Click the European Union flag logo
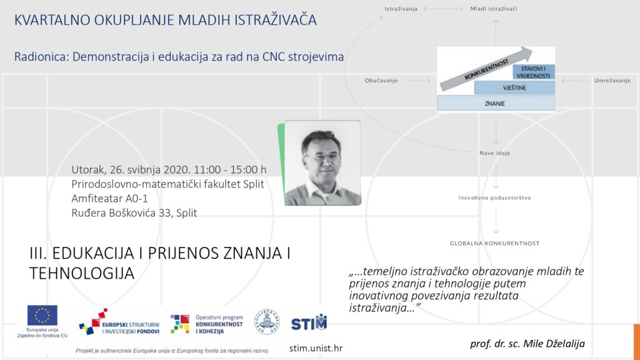[42, 316]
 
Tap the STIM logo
[309, 323]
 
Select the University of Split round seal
[267, 322]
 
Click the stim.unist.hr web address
[316, 348]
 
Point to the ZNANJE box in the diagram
[496, 103]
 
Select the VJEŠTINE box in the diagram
[514, 87]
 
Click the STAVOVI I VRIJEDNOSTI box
[534, 72]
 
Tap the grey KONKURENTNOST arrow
[486, 69]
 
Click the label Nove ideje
[495, 153]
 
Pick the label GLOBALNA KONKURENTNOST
[495, 243]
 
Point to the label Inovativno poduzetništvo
[495, 197]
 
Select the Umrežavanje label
[612, 81]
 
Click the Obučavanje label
[381, 81]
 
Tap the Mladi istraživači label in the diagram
[494, 9]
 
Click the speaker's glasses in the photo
[322, 156]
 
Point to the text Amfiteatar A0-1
[110, 198]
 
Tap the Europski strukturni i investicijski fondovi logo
[119, 322]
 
